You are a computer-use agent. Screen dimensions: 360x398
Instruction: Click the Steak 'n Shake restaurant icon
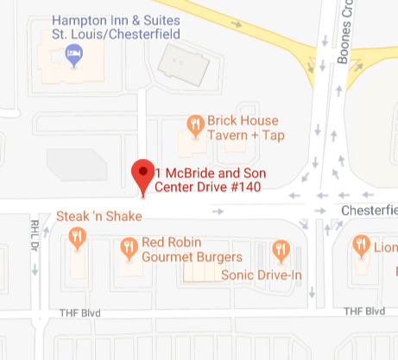point(78,235)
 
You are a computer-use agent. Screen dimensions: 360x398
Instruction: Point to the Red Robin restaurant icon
point(130,248)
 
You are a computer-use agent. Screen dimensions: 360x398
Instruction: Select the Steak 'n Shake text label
point(98,216)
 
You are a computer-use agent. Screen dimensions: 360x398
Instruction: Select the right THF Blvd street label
point(363,311)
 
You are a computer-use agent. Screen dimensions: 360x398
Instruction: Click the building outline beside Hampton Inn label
point(182,60)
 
